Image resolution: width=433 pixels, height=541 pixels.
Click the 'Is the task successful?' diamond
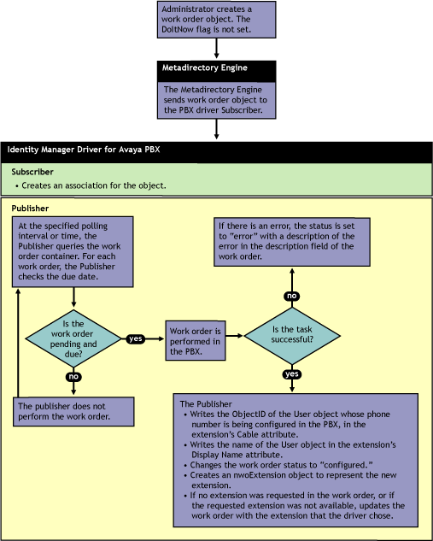[x=292, y=336]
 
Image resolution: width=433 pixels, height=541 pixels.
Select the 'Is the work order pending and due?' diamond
[x=73, y=338]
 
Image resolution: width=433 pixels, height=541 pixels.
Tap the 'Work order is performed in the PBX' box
[x=196, y=341]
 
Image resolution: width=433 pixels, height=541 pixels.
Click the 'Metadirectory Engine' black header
[x=217, y=71]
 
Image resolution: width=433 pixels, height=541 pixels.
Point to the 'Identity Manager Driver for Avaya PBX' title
[x=84, y=150]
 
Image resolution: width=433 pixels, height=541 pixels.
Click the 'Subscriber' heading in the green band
[x=32, y=172]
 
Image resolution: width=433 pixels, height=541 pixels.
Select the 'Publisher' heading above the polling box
[x=31, y=209]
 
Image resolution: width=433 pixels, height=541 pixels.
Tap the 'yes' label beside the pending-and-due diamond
[x=136, y=338]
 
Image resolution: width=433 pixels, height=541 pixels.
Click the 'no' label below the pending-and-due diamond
[x=73, y=376]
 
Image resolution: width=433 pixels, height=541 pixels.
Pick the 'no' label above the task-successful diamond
[x=291, y=296]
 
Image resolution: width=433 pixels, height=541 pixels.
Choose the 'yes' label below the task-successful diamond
[x=292, y=374]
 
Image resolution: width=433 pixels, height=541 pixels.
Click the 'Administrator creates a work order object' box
[x=217, y=20]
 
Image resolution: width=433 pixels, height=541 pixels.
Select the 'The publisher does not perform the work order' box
[x=73, y=411]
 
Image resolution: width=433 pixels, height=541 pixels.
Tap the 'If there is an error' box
[x=292, y=242]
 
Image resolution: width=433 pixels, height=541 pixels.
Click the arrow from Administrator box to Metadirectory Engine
[x=217, y=49]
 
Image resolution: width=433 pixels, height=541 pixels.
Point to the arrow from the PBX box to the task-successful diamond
[x=235, y=335]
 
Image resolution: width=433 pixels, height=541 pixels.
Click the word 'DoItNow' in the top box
[x=177, y=29]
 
